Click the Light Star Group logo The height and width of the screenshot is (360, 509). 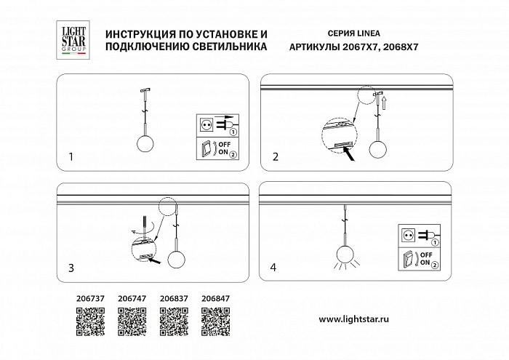tap(73, 40)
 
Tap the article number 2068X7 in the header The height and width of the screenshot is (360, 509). tap(401, 47)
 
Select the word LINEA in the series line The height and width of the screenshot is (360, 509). tap(369, 33)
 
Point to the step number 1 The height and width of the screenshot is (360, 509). tap(71, 157)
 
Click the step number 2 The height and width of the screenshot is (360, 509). tap(276, 157)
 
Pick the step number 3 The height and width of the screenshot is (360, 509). tap(71, 268)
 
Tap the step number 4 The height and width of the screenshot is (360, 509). tap(273, 268)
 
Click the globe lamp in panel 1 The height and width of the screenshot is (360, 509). tap(145, 144)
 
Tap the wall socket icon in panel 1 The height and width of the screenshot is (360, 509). tap(205, 124)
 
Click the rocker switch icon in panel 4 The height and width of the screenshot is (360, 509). tap(408, 259)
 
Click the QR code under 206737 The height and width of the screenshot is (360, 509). tap(90, 321)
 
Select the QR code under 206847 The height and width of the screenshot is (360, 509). tap(215, 321)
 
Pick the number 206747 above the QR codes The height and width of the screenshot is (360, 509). tap(132, 298)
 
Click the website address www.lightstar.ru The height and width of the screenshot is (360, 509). tap(354, 319)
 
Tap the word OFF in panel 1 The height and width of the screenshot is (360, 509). tap(225, 145)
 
